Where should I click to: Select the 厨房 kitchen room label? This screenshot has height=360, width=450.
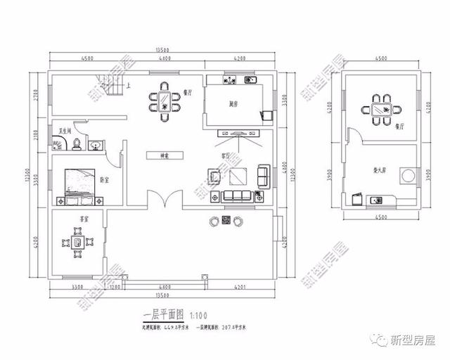tap(233, 104)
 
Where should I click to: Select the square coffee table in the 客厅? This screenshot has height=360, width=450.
tap(237, 176)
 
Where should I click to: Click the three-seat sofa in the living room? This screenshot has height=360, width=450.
tap(237, 195)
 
